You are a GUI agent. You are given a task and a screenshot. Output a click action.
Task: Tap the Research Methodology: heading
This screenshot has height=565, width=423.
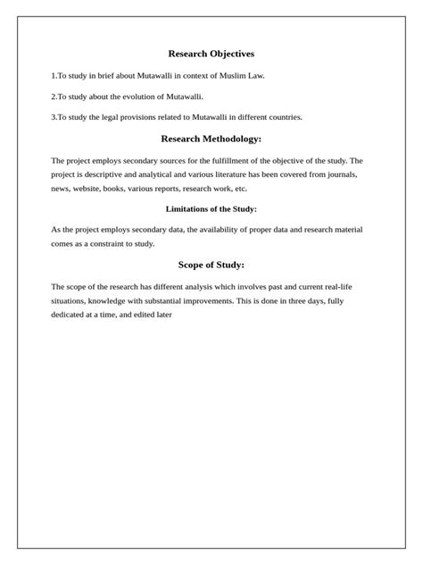coord(211,139)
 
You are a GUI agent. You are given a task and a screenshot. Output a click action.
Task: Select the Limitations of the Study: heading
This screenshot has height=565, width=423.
coord(211,208)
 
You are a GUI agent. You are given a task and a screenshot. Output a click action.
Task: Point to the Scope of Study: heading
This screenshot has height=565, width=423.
coord(211,265)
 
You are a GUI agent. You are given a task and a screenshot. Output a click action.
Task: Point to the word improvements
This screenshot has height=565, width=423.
coord(216,301)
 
